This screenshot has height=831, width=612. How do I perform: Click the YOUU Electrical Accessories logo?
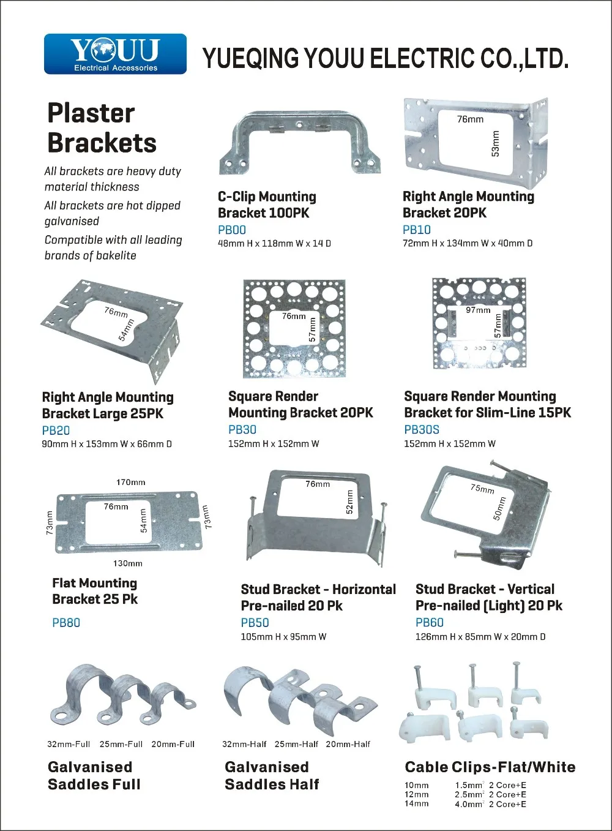[115, 54]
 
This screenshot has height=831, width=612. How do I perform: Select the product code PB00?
[232, 230]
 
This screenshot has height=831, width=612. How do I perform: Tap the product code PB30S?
[422, 430]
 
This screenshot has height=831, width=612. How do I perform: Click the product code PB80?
[66, 623]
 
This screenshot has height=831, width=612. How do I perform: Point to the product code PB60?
[429, 622]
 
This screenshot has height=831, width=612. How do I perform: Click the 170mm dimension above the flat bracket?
[131, 483]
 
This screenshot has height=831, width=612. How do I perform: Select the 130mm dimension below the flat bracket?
[127, 563]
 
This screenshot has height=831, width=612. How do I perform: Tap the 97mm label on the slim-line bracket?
[478, 310]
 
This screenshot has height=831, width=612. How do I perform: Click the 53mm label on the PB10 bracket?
[495, 143]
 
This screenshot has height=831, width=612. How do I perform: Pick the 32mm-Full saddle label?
[69, 744]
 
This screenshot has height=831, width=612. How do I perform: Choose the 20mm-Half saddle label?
[348, 744]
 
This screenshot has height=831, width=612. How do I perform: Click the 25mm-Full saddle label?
[121, 744]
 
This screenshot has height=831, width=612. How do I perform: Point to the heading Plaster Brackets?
[102, 128]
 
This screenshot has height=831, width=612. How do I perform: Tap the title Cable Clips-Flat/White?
[490, 767]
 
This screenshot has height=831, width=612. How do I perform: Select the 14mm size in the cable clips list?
[416, 804]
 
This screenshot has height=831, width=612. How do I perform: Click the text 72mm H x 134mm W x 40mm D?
[468, 243]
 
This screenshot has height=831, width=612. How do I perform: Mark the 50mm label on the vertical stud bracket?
[499, 508]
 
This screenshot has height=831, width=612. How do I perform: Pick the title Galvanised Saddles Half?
[272, 775]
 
